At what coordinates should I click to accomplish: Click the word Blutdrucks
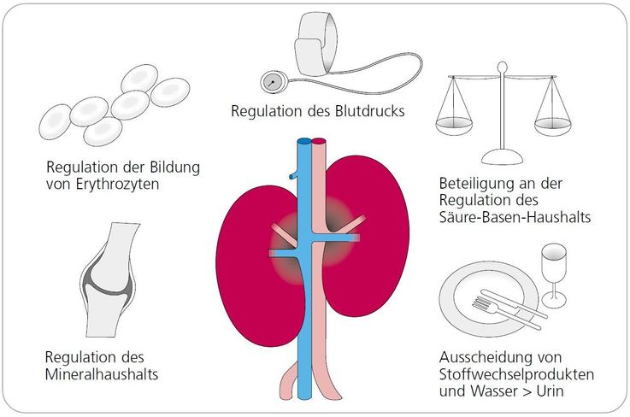click(369, 111)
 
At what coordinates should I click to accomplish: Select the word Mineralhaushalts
click(102, 374)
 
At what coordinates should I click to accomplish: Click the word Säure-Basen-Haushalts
click(515, 217)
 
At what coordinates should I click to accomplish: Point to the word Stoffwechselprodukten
click(516, 374)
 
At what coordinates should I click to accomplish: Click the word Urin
click(550, 391)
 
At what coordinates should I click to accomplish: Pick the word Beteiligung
click(477, 184)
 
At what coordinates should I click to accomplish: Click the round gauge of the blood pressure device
click(274, 82)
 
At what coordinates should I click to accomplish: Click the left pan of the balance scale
click(454, 126)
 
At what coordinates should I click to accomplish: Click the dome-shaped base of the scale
click(502, 156)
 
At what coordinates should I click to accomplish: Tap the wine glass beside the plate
click(554, 275)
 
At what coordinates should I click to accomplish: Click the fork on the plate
click(506, 312)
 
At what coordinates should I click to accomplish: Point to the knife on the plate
click(514, 303)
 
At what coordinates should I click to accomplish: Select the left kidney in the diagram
click(257, 266)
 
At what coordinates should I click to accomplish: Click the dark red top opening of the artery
click(319, 141)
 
